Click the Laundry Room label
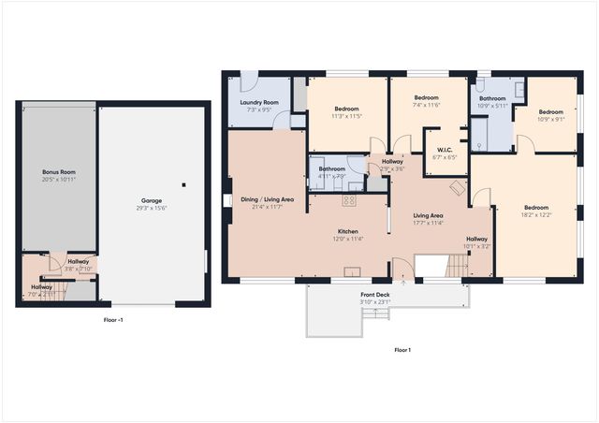coord(259,102)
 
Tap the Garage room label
coord(152,200)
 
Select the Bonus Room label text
coord(58,172)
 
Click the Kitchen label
coord(348,231)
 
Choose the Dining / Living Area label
coord(267,199)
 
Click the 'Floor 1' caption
coord(402,350)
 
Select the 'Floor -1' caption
coord(113,320)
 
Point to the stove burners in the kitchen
coord(349,200)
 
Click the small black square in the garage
coord(183,184)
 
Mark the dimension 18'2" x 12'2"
coord(535,214)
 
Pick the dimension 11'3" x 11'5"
coord(347,117)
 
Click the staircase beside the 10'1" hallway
coord(455,269)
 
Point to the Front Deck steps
coord(375,313)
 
